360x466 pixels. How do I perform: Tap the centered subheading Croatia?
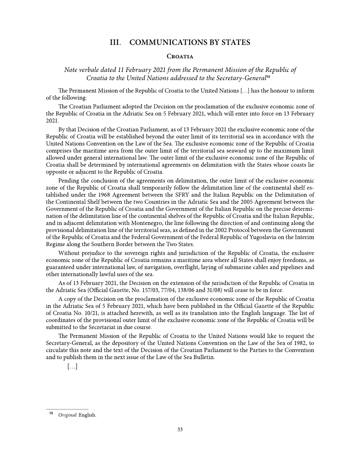(x=180, y=56)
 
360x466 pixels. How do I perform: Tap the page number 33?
(x=180, y=430)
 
